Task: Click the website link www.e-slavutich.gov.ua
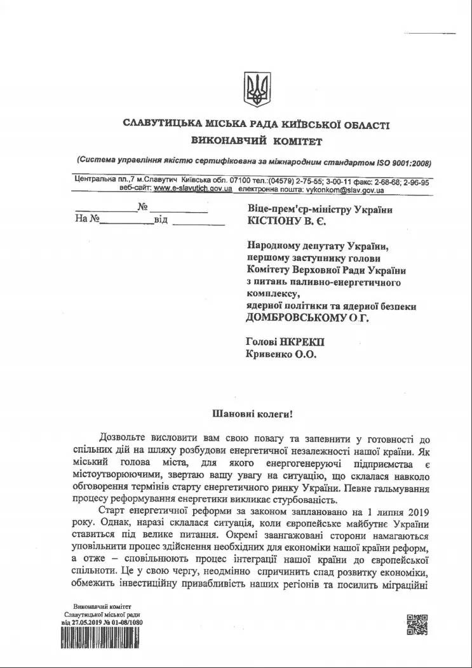pyautogui.click(x=192, y=189)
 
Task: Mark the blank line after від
pyautogui.click(x=199, y=224)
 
